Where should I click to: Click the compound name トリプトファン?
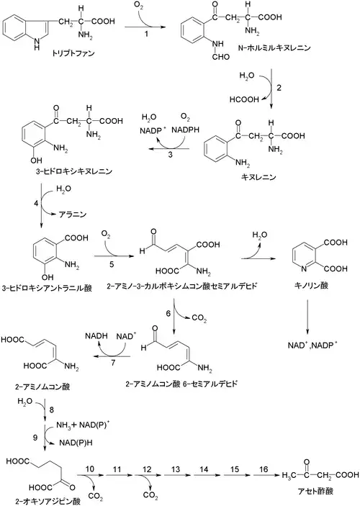point(73,53)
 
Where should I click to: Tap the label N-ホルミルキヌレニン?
point(274,48)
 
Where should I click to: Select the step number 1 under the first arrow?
point(146,34)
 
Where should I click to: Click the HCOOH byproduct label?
point(244,99)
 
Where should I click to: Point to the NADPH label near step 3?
point(185,130)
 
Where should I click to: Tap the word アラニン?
point(73,214)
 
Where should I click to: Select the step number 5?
point(112,264)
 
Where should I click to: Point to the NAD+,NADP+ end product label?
point(312,345)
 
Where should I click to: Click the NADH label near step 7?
point(96,336)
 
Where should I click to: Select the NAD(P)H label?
point(76,443)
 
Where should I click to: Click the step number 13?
point(176,469)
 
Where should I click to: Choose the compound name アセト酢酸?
point(315,491)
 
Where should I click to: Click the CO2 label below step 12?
point(150,495)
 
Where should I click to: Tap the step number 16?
point(264,469)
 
